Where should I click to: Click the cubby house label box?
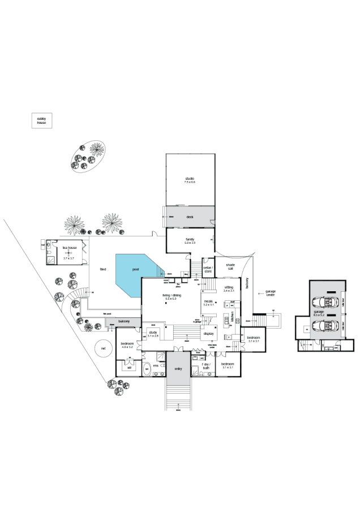41,120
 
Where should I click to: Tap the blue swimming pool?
136,274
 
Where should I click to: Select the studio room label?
190,180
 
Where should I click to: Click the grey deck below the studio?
190,217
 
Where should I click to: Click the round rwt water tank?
103,348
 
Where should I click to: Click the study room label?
153,333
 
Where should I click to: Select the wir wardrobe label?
130,367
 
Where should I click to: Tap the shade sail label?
230,266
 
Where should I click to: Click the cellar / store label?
207,269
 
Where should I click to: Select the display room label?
209,333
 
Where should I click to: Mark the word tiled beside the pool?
103,269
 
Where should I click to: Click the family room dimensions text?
190,243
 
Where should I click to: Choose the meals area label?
209,303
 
